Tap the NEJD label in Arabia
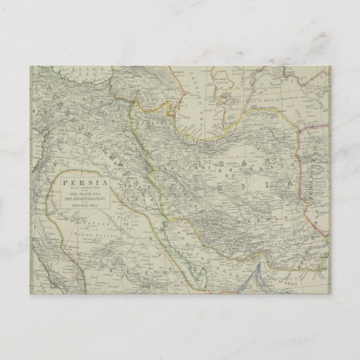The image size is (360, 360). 112,246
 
